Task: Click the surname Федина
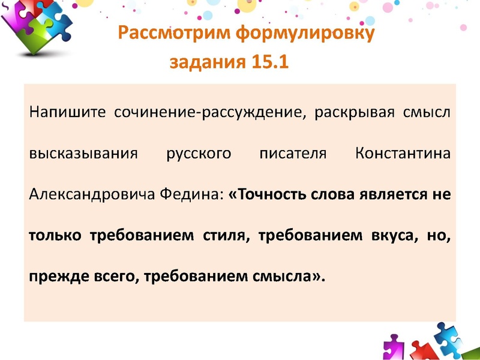pos(191,194)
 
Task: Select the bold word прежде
pos(52,276)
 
